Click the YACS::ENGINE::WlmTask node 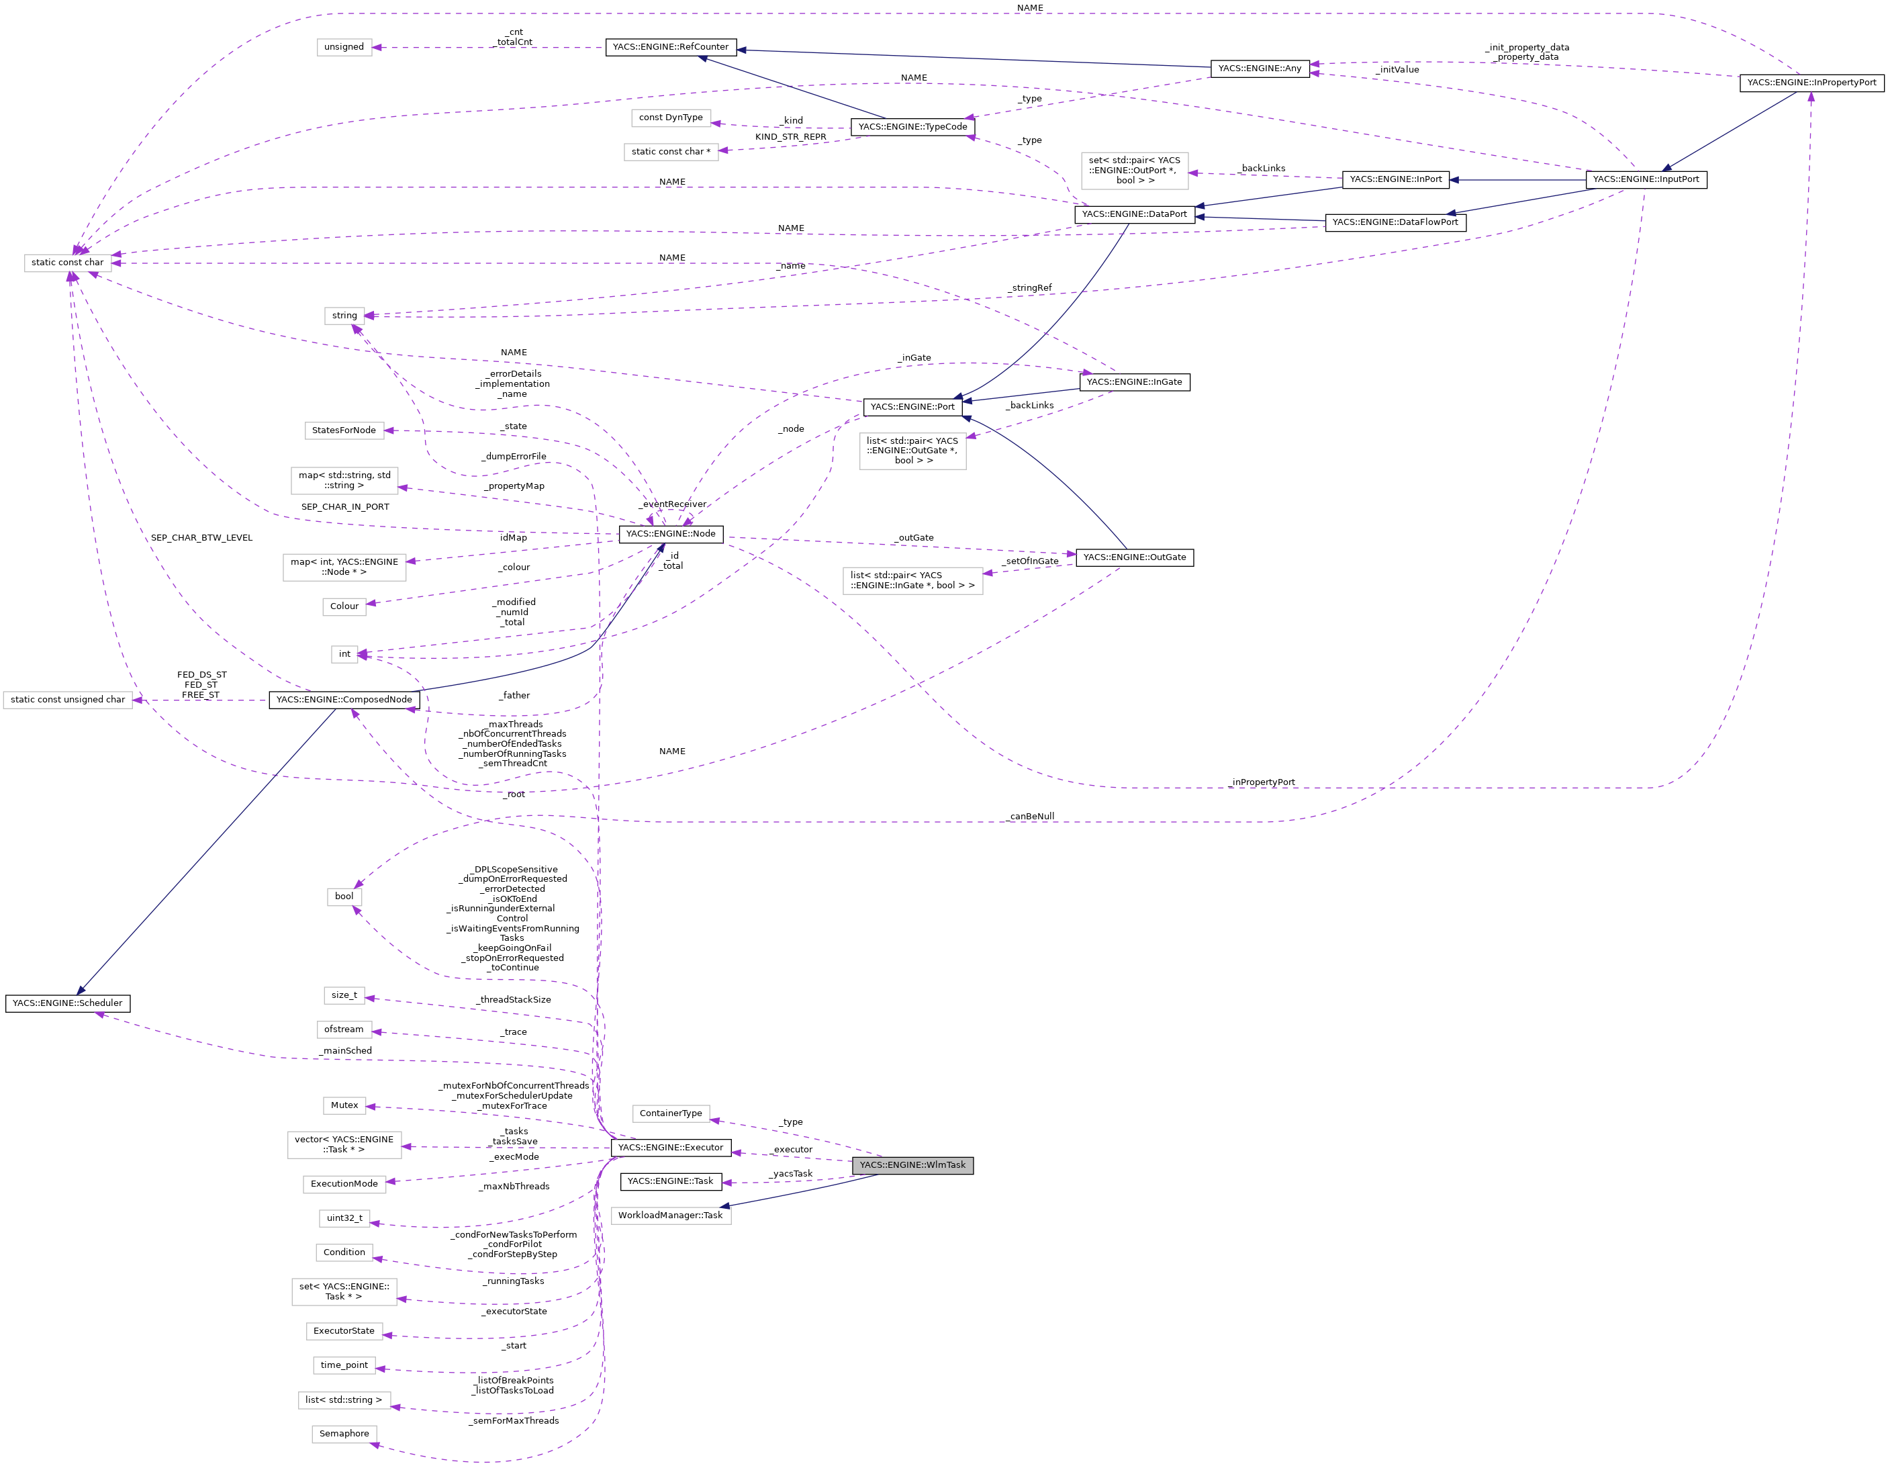click(912, 1165)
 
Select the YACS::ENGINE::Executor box click(670, 1148)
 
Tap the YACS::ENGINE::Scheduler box click(67, 1003)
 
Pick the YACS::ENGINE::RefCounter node click(670, 47)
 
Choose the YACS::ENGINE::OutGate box click(1134, 557)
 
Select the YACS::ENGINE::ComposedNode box click(344, 700)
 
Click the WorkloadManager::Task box click(670, 1216)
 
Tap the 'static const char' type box click(67, 262)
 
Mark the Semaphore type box click(344, 1433)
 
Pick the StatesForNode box click(344, 430)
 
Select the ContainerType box click(670, 1113)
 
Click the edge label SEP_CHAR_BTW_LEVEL click(201, 538)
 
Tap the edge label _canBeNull click(1031, 817)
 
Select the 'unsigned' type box click(344, 47)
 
